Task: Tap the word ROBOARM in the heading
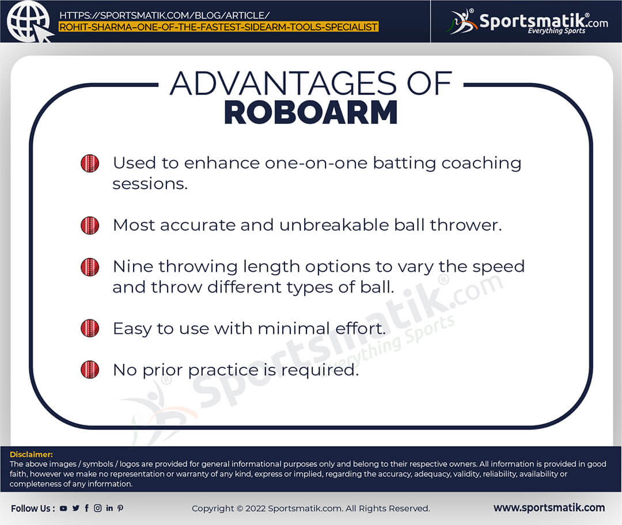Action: tap(310, 113)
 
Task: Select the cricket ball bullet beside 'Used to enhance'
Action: tap(90, 163)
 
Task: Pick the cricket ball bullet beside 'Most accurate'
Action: tap(90, 225)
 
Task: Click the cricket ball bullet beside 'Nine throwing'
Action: tap(90, 267)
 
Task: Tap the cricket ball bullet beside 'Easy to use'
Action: tap(90, 328)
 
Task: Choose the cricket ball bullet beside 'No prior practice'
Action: tap(90, 370)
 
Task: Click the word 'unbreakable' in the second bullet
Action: tap(334, 225)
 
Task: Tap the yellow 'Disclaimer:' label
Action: tap(31, 454)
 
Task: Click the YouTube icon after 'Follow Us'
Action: tap(63, 508)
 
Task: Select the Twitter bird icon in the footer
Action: tap(76, 508)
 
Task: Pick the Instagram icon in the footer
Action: tap(97, 508)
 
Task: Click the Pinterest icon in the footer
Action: tap(120, 508)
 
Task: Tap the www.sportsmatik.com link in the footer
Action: tap(549, 508)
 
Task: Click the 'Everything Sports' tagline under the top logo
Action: tap(556, 31)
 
